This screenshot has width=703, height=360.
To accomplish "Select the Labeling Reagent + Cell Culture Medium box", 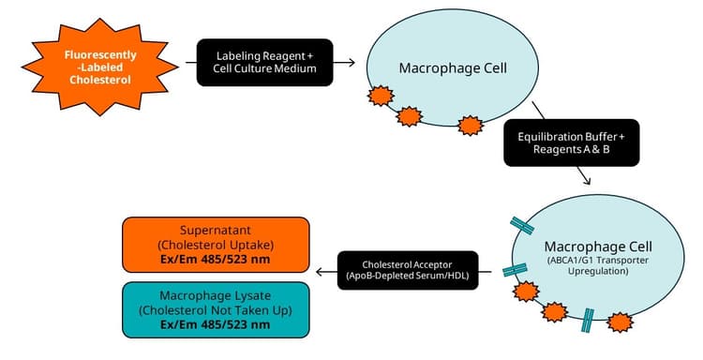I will (x=264, y=63).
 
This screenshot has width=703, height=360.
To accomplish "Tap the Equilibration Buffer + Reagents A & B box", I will (x=571, y=142).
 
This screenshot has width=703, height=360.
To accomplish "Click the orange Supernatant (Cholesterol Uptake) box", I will (x=215, y=245).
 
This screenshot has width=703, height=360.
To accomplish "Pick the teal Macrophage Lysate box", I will (x=215, y=308).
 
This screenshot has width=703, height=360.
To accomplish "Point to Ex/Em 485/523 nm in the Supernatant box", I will (x=215, y=259).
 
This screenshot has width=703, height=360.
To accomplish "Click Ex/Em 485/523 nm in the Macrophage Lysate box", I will (x=215, y=323).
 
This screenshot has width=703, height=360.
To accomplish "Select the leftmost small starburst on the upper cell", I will (x=379, y=96).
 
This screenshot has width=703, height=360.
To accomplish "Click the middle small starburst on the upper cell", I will (x=410, y=116).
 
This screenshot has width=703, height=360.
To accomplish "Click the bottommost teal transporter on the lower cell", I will (x=588, y=321).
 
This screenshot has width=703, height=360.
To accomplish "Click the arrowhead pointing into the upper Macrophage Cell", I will (x=350, y=63).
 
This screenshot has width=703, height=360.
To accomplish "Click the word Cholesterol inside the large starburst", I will (x=99, y=80).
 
